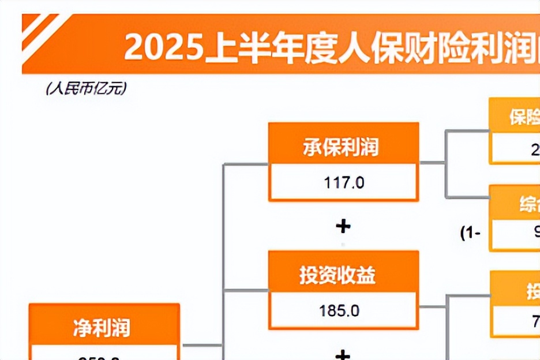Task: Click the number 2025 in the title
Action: coord(164,47)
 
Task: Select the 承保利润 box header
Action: coord(343,147)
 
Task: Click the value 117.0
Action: coord(343,183)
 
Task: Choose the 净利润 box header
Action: coord(104,327)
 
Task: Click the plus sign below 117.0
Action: coord(343,226)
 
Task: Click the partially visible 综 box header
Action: coord(528,205)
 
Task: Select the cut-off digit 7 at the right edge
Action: coord(536,320)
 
